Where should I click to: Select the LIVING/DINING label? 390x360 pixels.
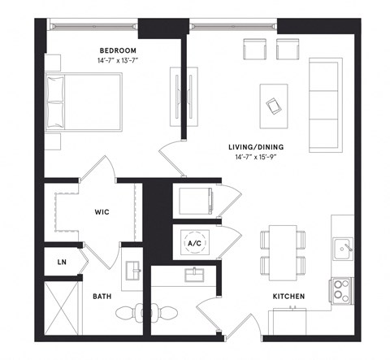(258, 147)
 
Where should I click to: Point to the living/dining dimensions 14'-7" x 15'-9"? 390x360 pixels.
(258, 157)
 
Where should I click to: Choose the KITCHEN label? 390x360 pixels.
(288, 297)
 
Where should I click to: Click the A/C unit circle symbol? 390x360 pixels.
(195, 242)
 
